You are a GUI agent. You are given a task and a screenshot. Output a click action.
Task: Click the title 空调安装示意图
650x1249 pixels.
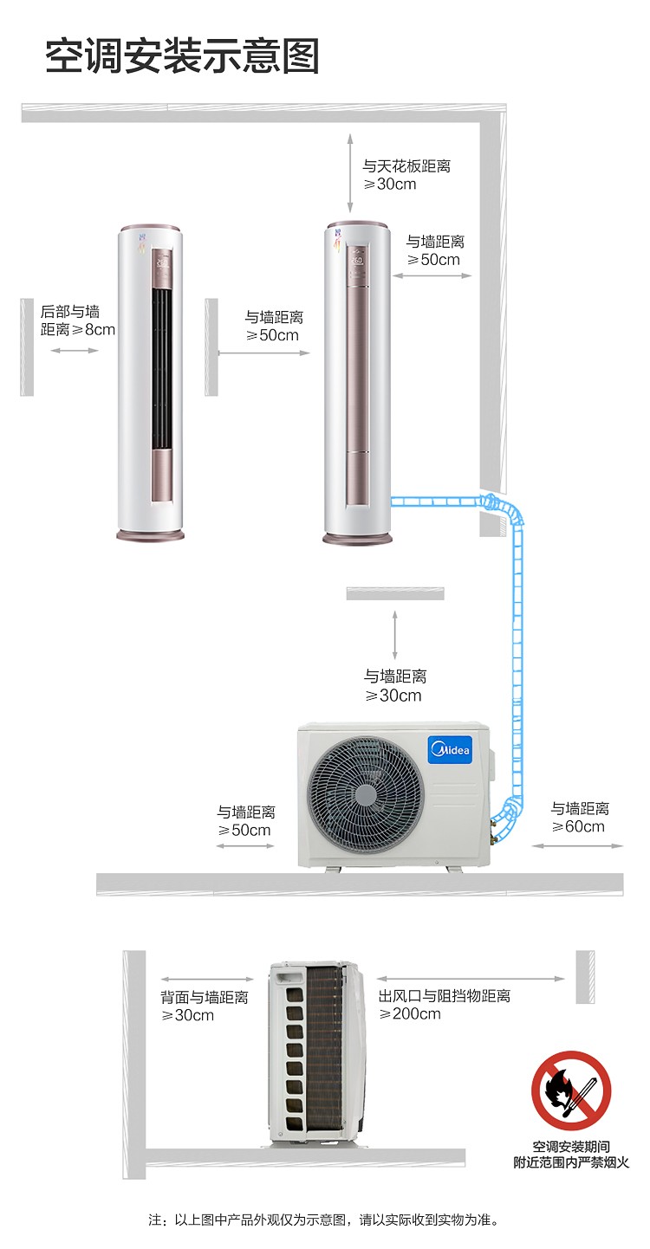pos(182,56)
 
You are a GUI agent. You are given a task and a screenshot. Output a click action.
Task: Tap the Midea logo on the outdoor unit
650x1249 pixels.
pos(451,749)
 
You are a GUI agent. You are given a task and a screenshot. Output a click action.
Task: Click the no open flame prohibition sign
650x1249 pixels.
pos(571,1090)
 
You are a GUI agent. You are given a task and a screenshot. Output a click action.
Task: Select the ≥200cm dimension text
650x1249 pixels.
pos(410,1013)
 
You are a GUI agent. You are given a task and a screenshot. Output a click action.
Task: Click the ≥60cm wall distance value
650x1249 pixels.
pos(578,826)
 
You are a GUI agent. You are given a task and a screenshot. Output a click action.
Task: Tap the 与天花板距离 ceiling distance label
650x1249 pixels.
pos(406,165)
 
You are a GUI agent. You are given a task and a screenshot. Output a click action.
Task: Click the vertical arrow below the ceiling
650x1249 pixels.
pos(350,173)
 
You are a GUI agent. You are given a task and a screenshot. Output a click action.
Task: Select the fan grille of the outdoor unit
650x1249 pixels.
pos(365,794)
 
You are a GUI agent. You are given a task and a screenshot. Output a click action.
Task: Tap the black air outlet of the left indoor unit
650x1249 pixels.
pos(161,369)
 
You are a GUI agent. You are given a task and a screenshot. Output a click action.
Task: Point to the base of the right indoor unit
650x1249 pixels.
pos(358,539)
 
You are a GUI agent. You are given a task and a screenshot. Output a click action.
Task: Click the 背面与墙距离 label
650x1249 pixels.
pos(205,996)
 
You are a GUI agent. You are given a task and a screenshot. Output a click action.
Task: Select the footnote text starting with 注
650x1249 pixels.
pos(323,1220)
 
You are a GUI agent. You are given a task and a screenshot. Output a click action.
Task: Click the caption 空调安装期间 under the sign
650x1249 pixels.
pos(571,1147)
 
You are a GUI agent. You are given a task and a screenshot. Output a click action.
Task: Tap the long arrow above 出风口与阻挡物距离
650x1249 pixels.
pos(471,979)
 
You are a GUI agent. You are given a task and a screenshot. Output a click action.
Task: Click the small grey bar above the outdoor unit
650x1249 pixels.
pos(395,593)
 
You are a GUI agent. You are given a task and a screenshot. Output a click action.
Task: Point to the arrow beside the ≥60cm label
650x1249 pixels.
pos(577,846)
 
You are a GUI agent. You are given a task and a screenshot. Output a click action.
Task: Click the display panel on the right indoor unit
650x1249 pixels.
pos(357,263)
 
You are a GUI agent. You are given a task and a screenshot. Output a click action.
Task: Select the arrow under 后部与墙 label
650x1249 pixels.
pos(75,350)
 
